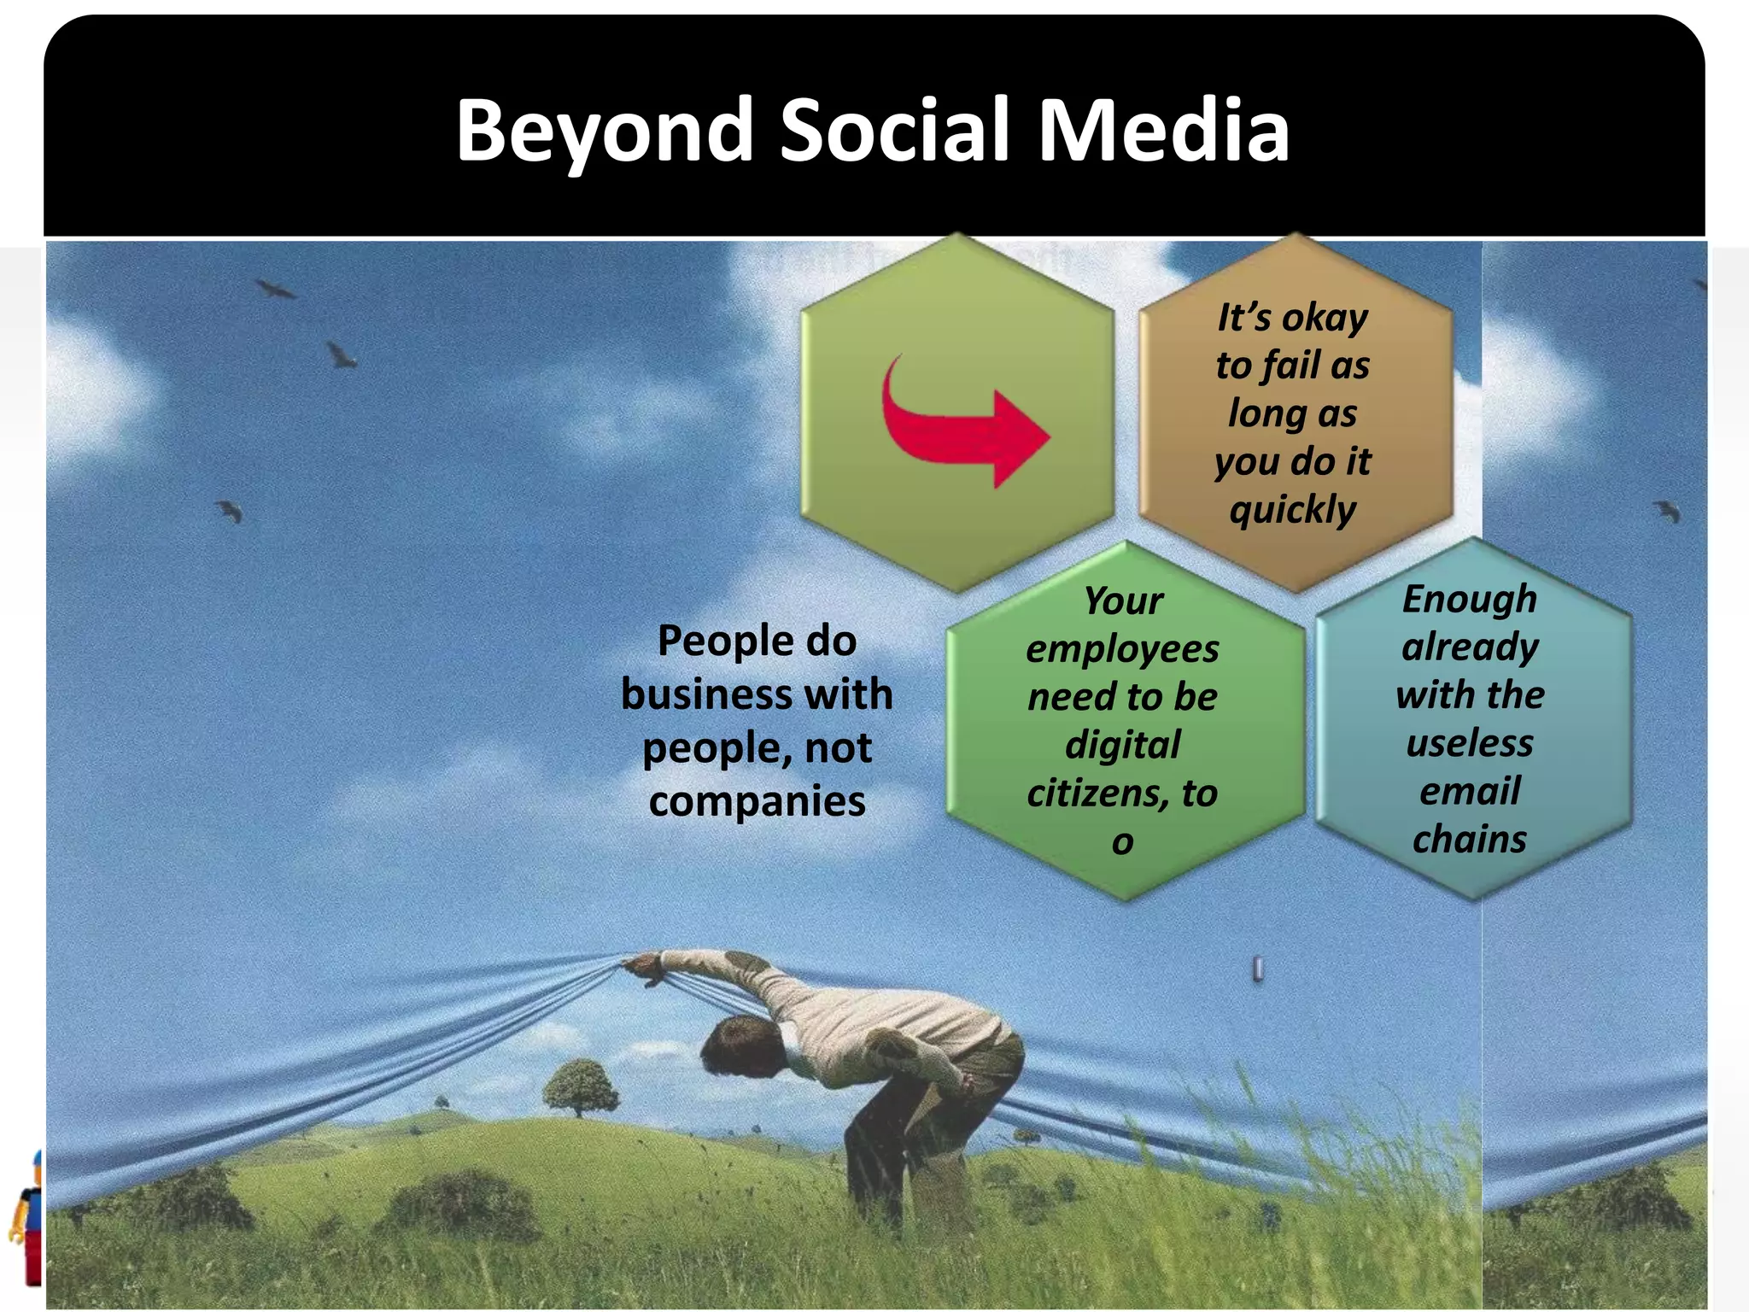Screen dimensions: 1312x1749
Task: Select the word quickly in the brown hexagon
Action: (x=1292, y=510)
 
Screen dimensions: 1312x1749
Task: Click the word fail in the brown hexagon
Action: (x=1290, y=366)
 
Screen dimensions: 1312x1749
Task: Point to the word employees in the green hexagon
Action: (x=1122, y=649)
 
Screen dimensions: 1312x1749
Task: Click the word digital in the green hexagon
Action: (x=1122, y=745)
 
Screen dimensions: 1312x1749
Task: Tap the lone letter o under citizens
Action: (x=1122, y=842)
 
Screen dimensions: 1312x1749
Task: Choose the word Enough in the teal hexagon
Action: (x=1469, y=599)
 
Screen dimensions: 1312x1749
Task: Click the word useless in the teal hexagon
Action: (x=1469, y=743)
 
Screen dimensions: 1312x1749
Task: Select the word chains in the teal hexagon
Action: (x=1469, y=839)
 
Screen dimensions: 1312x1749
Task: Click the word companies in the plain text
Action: (x=757, y=801)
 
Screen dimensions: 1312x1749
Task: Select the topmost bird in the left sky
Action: (x=275, y=289)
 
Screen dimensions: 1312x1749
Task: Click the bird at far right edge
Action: (x=1668, y=511)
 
